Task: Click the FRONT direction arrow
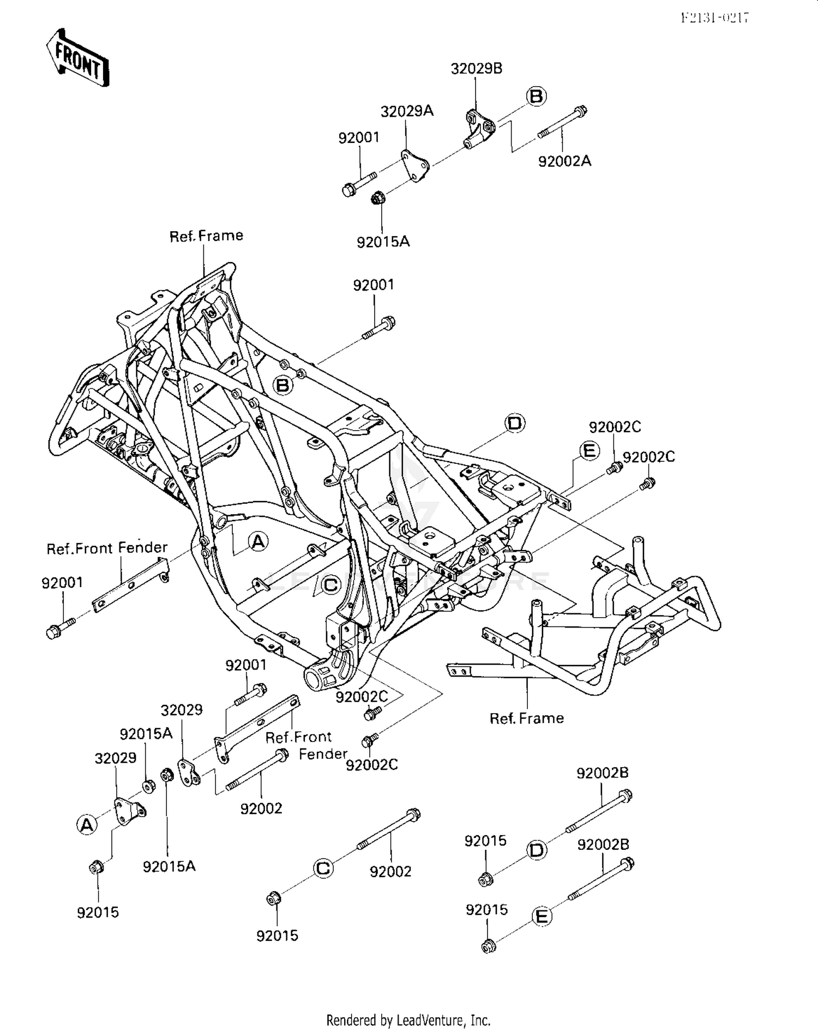[x=77, y=58]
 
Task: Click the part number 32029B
[x=476, y=69]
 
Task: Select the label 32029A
[x=407, y=111]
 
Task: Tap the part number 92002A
[x=564, y=161]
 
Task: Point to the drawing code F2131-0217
[x=714, y=18]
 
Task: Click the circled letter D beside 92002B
[x=537, y=850]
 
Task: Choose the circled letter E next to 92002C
[x=589, y=451]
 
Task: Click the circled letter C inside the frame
[x=331, y=585]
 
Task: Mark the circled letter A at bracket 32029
[x=87, y=825]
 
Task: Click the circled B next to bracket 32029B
[x=536, y=96]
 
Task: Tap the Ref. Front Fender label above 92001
[x=107, y=548]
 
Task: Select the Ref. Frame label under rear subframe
[x=526, y=718]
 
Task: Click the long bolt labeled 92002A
[x=562, y=123]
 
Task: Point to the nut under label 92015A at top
[x=376, y=198]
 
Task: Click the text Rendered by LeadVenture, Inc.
[x=408, y=1020]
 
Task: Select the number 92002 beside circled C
[x=390, y=871]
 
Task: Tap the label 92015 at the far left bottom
[x=98, y=912]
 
